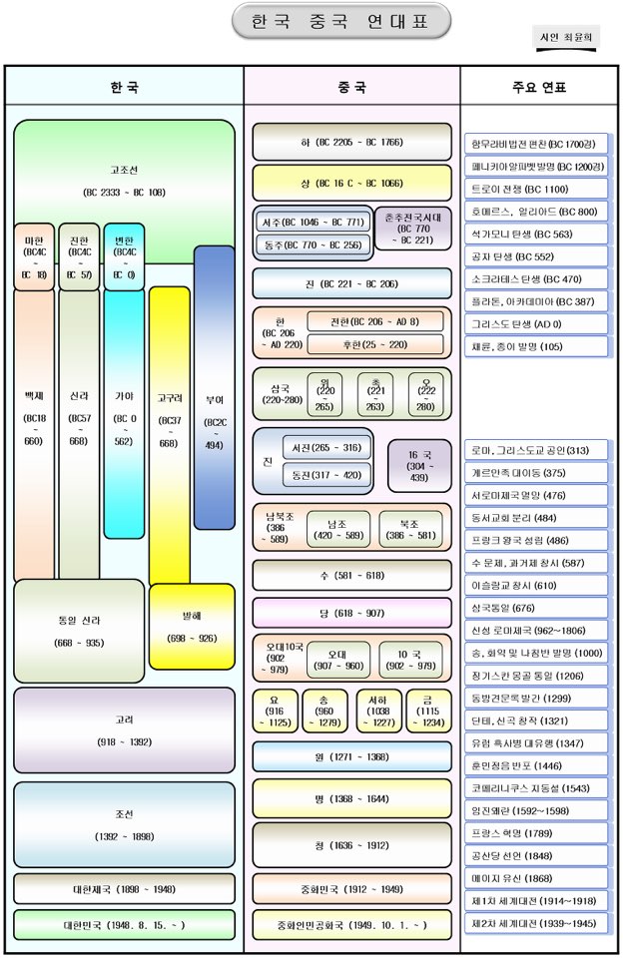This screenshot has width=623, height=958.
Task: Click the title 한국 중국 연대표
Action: coord(340,21)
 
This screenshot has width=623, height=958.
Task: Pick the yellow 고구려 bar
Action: coord(169,429)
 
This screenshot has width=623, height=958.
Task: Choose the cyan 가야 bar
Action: coord(124,419)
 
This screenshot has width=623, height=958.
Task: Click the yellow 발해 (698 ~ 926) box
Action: coord(192,626)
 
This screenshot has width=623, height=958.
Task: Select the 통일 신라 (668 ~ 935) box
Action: coord(79,631)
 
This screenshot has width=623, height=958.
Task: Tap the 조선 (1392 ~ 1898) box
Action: coord(124,824)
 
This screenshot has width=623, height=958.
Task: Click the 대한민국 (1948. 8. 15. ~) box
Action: coord(124,925)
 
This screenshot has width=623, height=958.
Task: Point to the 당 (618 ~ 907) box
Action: coord(351,612)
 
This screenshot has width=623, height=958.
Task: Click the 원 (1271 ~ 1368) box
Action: coord(351,756)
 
